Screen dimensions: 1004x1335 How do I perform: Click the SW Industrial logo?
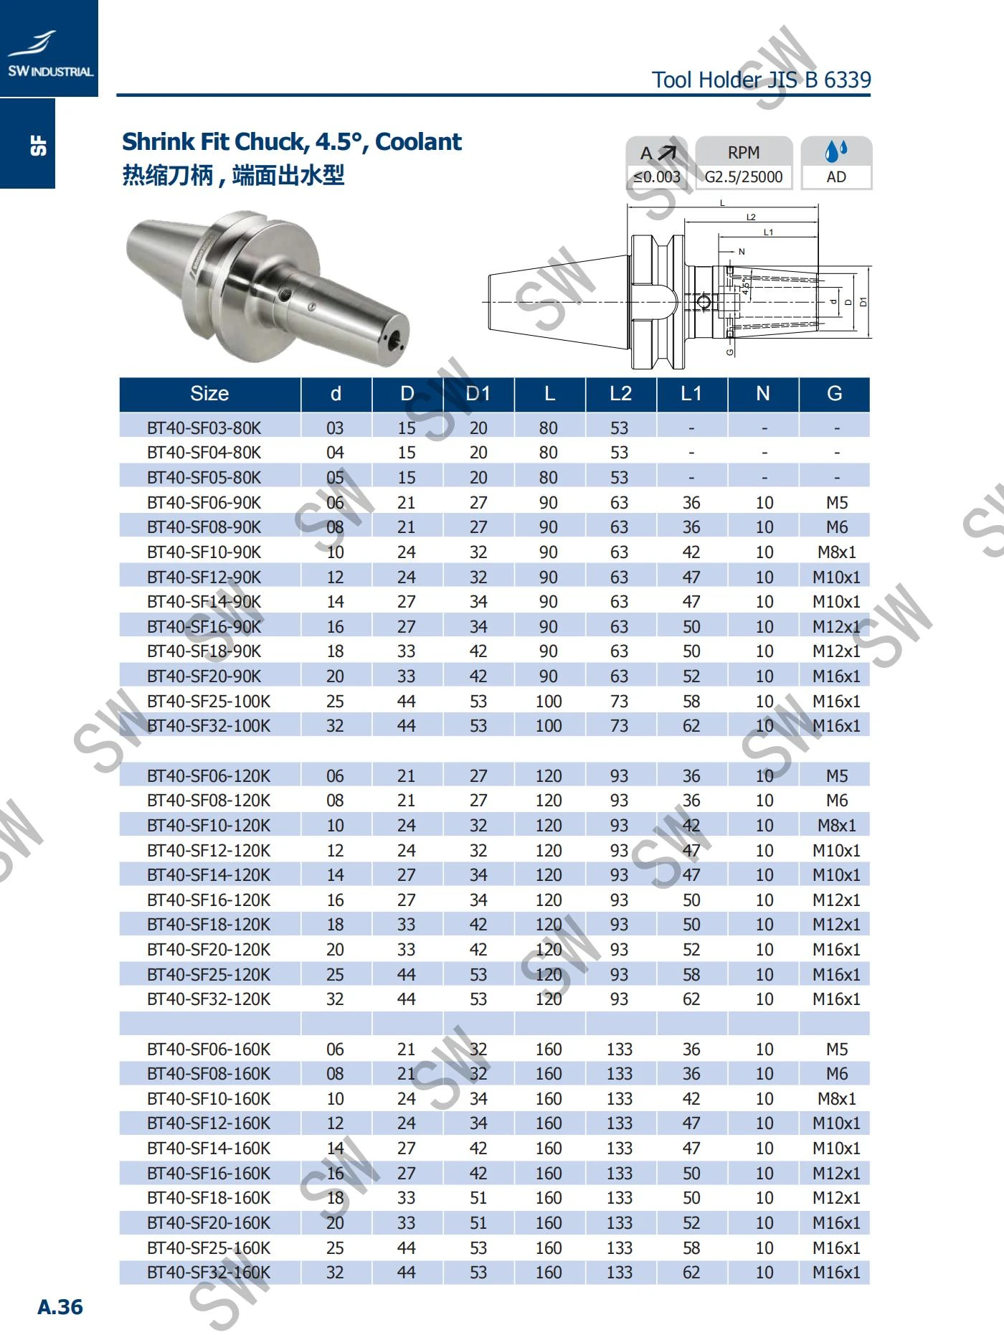[x=49, y=54]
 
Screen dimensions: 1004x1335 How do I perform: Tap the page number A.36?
[x=60, y=1306]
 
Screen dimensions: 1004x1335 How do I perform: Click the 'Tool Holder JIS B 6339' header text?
[x=761, y=79]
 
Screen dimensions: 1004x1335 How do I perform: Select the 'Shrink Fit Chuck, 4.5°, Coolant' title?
[x=291, y=142]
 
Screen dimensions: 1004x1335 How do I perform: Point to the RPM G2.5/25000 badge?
[x=744, y=163]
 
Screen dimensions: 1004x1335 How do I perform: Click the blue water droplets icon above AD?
[x=835, y=151]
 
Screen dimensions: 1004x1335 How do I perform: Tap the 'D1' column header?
[x=478, y=394]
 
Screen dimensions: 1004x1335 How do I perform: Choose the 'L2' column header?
[x=620, y=394]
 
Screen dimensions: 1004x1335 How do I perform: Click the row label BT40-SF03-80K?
[x=204, y=428]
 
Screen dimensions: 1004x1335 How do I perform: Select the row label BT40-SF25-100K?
[x=209, y=702]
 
